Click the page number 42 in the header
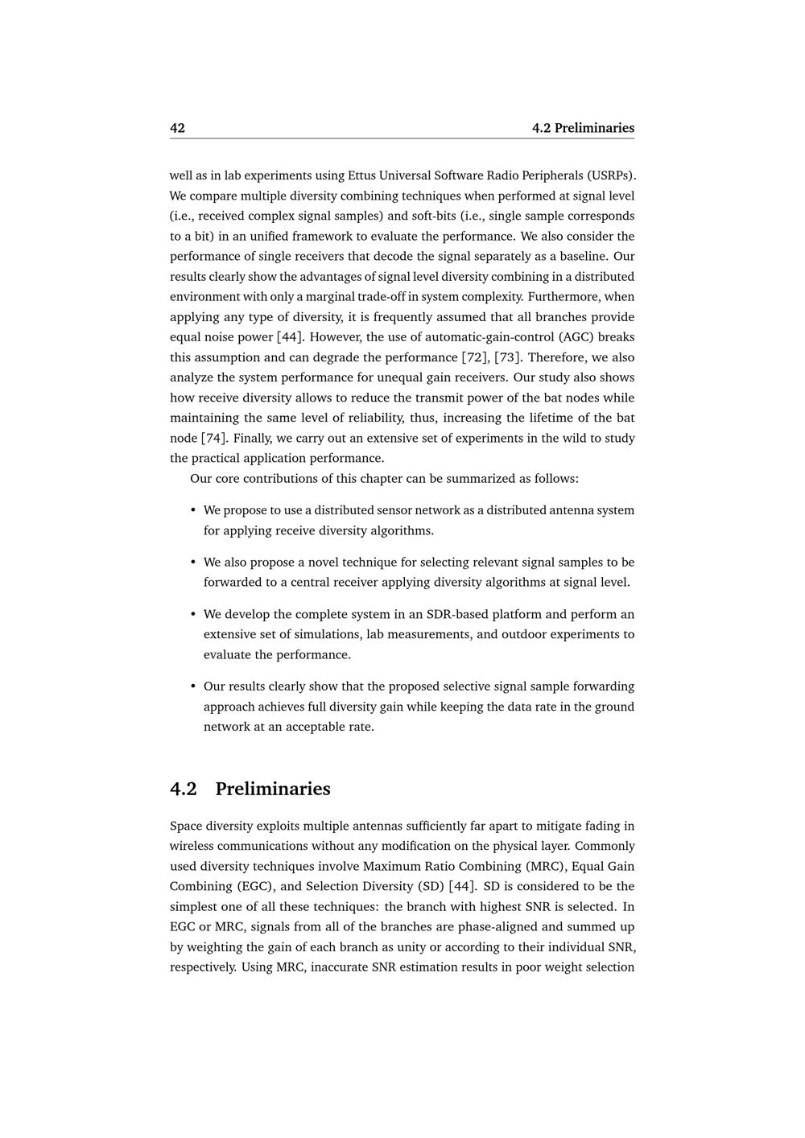click(x=177, y=128)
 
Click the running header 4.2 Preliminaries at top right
click(x=583, y=128)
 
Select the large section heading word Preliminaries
click(x=273, y=789)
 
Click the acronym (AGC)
click(x=574, y=337)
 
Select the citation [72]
click(x=475, y=357)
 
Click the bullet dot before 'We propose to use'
click(x=193, y=510)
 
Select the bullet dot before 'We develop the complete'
click(x=193, y=614)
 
